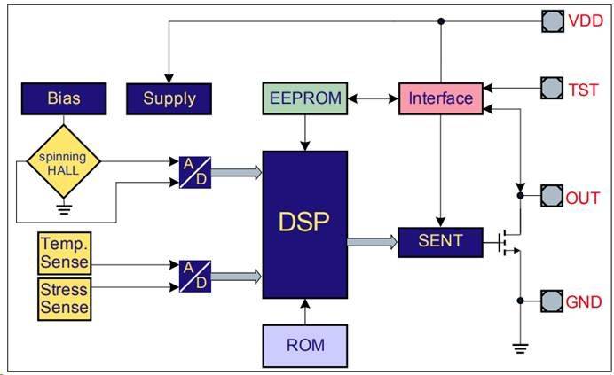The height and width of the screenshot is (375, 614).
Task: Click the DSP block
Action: [304, 225]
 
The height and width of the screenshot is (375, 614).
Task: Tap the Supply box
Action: [169, 98]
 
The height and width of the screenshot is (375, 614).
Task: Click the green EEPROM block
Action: [304, 98]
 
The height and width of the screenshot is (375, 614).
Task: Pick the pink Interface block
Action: [441, 98]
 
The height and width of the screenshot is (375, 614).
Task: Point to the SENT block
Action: [441, 240]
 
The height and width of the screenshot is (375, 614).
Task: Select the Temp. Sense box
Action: [64, 253]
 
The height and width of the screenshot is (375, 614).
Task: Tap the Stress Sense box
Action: [64, 298]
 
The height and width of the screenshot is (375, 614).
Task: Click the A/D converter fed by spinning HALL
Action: [194, 172]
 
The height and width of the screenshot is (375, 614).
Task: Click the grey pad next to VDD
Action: [553, 20]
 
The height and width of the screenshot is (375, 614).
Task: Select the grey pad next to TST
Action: [553, 88]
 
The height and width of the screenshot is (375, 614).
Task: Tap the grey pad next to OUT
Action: [553, 197]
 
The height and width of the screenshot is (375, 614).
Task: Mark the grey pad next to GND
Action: [553, 301]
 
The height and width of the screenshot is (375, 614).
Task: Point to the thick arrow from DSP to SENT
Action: [372, 241]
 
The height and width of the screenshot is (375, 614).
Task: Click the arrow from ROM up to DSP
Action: [304, 312]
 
